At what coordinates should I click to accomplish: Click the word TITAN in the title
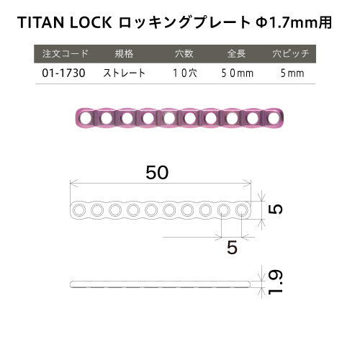point(41,22)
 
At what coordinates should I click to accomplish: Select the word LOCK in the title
point(91,22)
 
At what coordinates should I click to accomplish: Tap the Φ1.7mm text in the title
point(287,22)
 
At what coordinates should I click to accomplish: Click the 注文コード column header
point(66,53)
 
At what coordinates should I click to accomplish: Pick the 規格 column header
point(124,53)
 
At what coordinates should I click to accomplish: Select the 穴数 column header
point(184,53)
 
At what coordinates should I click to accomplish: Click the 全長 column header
point(236,53)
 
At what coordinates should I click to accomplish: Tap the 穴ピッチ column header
point(291,53)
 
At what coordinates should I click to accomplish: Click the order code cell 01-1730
point(63,73)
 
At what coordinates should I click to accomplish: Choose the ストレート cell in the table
point(124,73)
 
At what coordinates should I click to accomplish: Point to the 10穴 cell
point(185,73)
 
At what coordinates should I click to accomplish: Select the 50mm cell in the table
point(238,73)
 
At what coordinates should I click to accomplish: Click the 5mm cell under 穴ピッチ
point(292,73)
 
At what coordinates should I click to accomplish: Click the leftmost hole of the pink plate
point(86,118)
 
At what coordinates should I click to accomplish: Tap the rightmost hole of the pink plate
point(273,118)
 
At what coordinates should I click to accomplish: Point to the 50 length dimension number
point(157,172)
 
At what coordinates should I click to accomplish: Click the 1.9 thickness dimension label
point(275,282)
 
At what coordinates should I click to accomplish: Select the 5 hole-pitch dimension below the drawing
point(232,248)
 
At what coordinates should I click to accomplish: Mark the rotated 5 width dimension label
point(276,209)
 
